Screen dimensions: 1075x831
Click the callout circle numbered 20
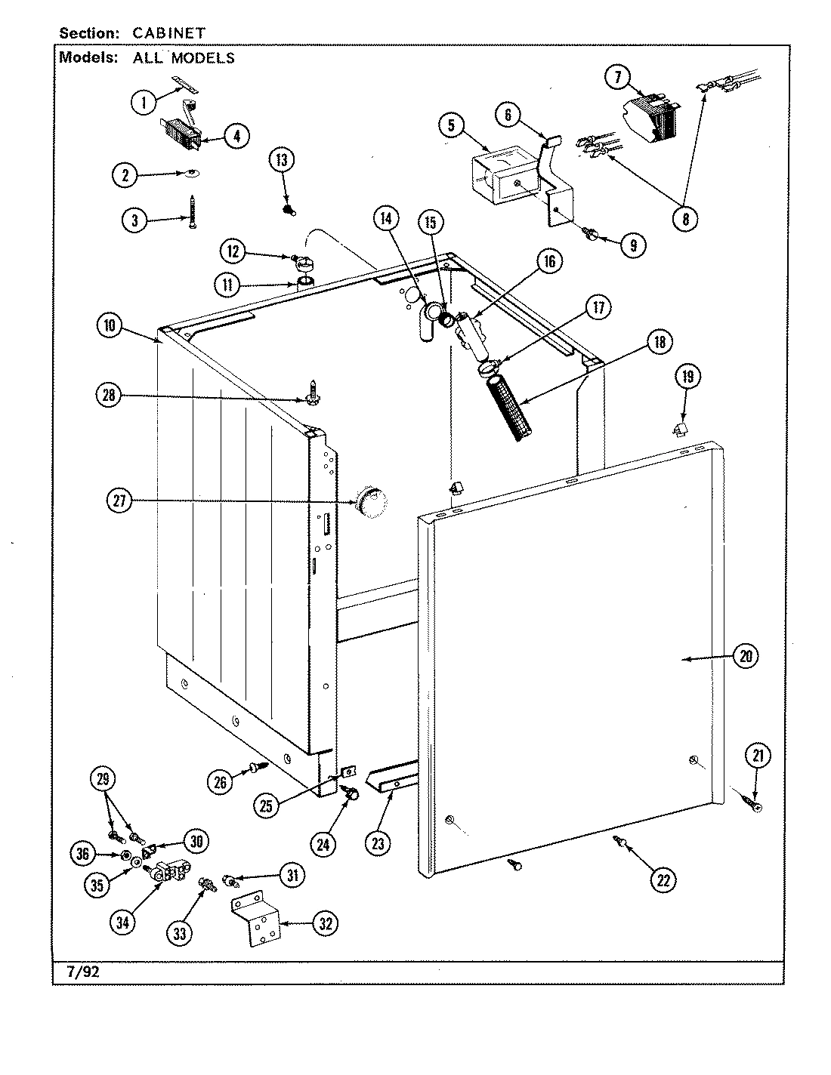[746, 656]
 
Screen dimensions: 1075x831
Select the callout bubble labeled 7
[617, 77]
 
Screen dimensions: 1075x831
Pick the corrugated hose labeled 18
[507, 409]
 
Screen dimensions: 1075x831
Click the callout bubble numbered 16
[548, 262]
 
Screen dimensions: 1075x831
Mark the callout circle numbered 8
[686, 219]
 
